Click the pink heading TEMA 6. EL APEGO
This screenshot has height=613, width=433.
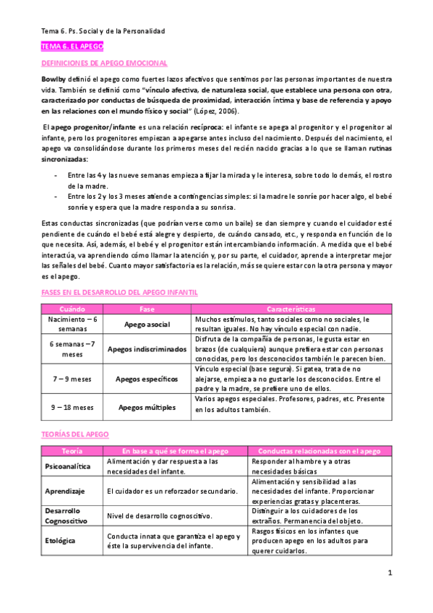(72, 46)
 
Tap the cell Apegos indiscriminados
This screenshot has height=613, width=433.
(147, 349)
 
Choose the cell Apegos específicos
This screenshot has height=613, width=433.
(147, 378)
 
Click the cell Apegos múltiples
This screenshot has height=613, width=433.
(147, 407)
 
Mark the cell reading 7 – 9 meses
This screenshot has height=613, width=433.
(71, 378)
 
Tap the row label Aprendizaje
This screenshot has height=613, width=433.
(60, 491)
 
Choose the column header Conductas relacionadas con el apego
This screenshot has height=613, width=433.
(320, 450)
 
